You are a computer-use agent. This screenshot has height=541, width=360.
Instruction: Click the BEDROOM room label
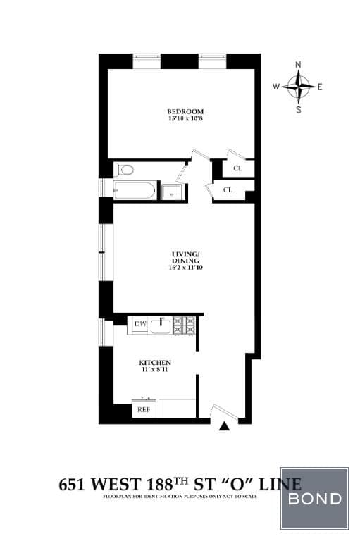[185, 112]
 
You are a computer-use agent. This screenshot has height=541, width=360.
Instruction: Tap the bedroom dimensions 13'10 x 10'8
[185, 120]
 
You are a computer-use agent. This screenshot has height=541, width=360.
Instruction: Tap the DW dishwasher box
[139, 324]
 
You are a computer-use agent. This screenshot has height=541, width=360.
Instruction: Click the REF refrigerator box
[143, 409]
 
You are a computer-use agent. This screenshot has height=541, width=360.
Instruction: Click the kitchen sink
[162, 325]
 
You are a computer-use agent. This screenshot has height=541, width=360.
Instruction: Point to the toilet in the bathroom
[125, 169]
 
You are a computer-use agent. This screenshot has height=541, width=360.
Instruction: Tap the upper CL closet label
[237, 168]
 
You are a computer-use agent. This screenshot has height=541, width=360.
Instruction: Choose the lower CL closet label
[228, 190]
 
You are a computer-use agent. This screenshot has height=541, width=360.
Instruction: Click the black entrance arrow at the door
[225, 425]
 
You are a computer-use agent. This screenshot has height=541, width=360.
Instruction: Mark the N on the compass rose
[298, 65]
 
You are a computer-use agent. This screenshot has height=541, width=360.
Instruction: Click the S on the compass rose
[299, 109]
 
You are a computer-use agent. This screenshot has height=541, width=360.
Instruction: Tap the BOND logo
[314, 499]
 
